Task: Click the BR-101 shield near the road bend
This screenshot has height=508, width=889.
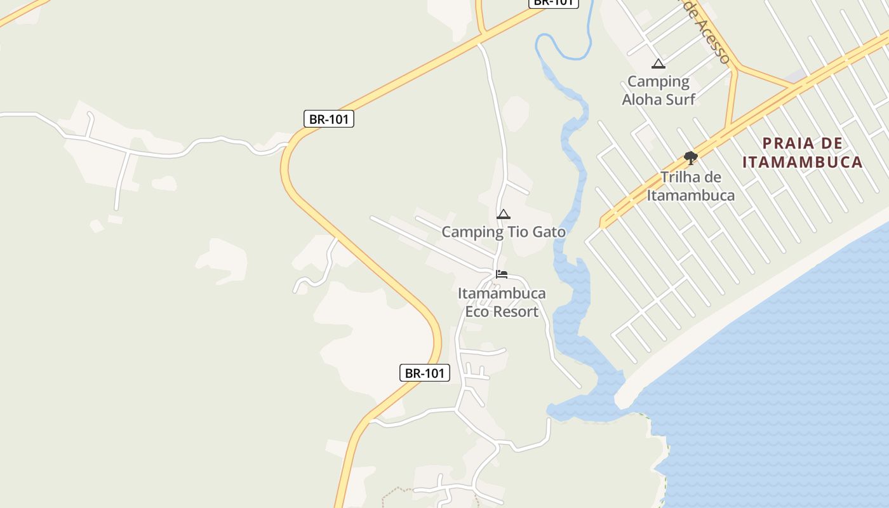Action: pos(328,119)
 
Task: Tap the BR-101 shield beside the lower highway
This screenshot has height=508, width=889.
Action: pos(424,373)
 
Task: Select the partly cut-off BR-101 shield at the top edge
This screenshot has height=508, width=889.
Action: pos(553,3)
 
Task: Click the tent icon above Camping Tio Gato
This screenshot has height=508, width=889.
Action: pos(504,214)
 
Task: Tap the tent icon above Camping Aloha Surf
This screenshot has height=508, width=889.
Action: pos(658,63)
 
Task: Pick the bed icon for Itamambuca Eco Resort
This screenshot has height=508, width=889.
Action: pos(502,274)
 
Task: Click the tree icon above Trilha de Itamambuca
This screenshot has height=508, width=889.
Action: pos(691,158)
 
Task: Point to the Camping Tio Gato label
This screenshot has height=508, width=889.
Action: pos(504,232)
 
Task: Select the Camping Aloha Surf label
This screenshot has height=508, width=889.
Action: pos(658,90)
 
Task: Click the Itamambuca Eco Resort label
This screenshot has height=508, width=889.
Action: pos(502,302)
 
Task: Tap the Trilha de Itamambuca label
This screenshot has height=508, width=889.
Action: pos(691,186)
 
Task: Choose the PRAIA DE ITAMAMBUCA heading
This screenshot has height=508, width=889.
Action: pos(803,152)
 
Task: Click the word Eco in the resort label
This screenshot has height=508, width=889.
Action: pos(477,311)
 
